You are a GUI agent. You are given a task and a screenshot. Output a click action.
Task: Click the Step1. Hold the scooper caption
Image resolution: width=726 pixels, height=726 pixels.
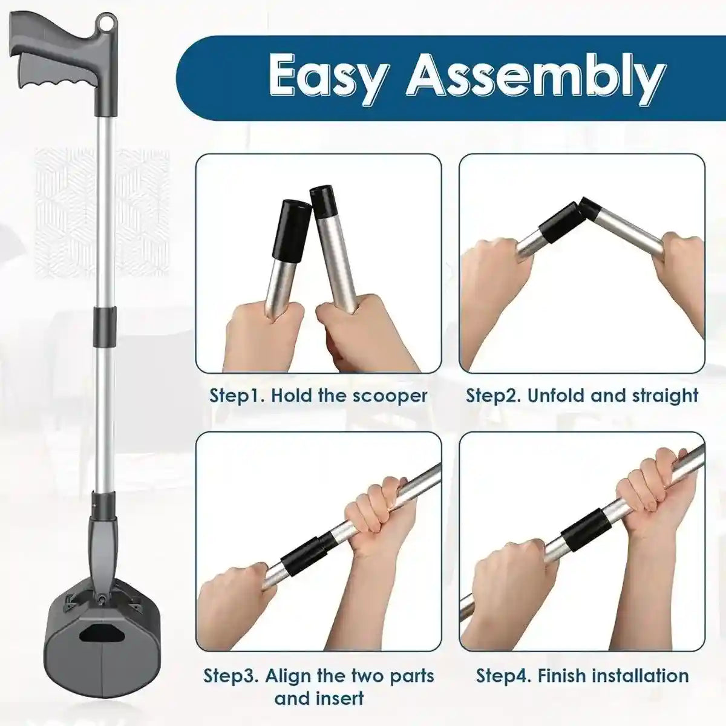(318, 396)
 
